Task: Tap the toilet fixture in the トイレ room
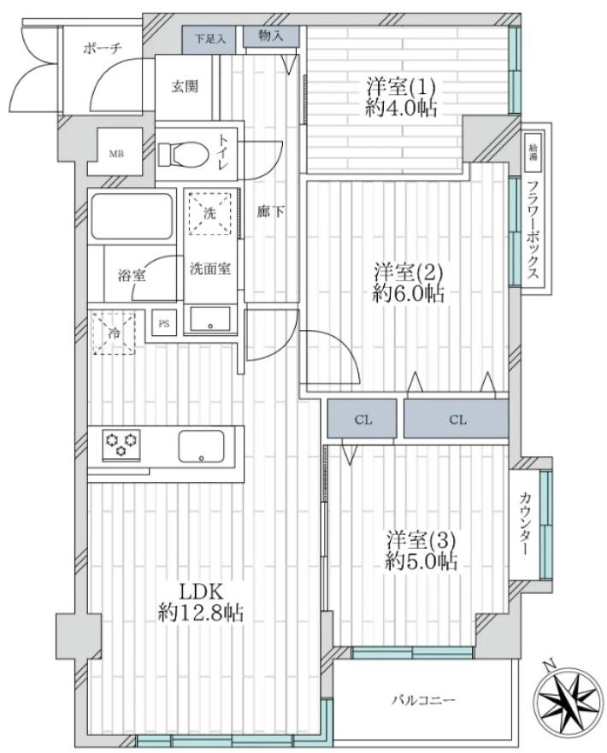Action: (183, 154)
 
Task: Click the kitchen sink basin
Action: (201, 446)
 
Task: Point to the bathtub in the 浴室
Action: (131, 215)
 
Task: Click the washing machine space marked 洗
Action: (209, 213)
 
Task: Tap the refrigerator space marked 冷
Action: (114, 332)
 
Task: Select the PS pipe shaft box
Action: (164, 323)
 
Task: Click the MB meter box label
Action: (115, 154)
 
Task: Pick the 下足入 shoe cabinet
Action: (209, 39)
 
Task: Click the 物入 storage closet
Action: (271, 37)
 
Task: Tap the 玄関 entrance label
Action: (185, 86)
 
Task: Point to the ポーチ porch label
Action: (103, 49)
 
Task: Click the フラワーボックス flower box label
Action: (533, 230)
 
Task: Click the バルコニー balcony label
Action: (422, 700)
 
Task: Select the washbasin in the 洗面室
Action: (210, 319)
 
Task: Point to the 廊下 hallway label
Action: (270, 211)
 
